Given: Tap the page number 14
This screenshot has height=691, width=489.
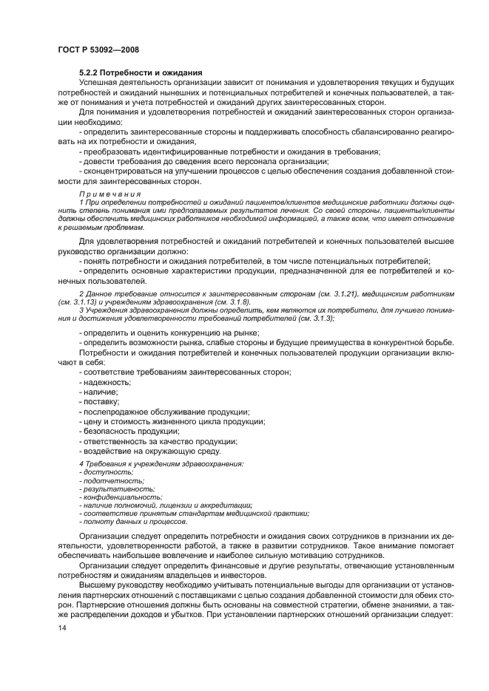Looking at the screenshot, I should pyautogui.click(x=61, y=627).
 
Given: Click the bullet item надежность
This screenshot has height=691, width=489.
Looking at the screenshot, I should pyautogui.click(x=106, y=381).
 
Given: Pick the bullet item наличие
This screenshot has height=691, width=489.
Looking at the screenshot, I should pyautogui.click(x=100, y=392).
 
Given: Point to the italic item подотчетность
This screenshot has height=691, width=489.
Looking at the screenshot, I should pyautogui.click(x=107, y=480).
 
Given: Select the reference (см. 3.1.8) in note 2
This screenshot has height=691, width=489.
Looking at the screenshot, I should pyautogui.click(x=217, y=302).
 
